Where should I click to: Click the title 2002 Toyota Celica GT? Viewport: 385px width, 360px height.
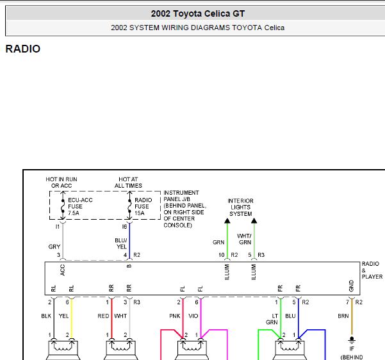(198, 13)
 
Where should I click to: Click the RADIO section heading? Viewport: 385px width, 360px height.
(23, 49)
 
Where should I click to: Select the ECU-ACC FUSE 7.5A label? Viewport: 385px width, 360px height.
(80, 206)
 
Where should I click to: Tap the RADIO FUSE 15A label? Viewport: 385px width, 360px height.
(143, 206)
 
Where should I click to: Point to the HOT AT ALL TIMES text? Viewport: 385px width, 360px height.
(128, 183)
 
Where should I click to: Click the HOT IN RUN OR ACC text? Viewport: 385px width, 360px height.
(61, 183)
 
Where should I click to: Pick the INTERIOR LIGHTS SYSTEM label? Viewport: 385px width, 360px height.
(240, 208)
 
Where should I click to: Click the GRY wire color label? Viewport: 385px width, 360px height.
(54, 247)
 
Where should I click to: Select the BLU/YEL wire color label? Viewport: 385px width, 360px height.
(121, 243)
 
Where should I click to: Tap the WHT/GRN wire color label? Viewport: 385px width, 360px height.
(244, 239)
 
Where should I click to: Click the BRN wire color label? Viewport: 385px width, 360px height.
(343, 316)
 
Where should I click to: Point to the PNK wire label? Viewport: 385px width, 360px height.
(175, 316)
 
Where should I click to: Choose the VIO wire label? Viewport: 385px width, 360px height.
(193, 316)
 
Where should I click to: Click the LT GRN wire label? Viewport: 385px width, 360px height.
(272, 319)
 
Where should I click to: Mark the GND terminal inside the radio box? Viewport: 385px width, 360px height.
(351, 286)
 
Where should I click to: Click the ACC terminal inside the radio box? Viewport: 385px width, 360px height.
(62, 270)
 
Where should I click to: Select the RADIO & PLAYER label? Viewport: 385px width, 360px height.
(372, 270)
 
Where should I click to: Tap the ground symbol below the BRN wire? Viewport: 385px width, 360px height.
(352, 340)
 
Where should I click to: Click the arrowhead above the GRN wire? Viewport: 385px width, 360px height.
(227, 220)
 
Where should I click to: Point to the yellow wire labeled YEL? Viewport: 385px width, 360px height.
(72, 318)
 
